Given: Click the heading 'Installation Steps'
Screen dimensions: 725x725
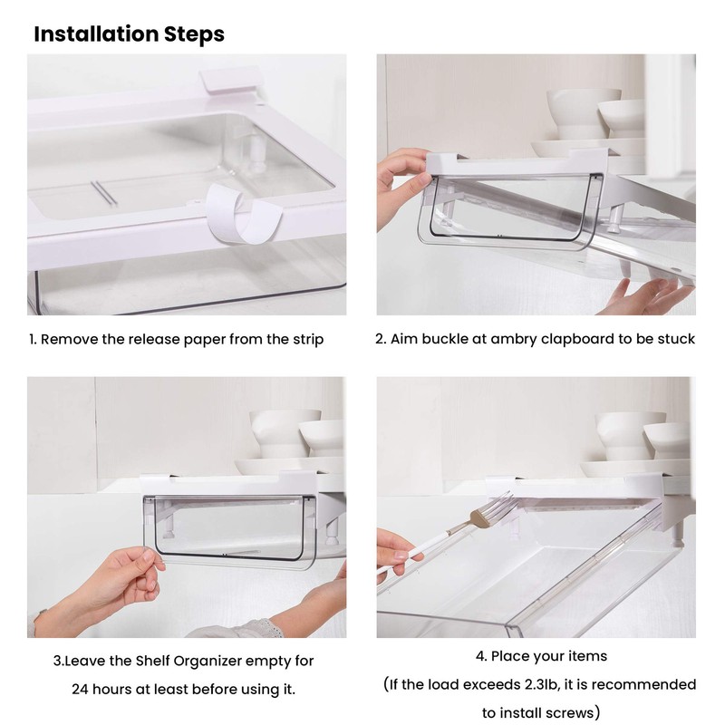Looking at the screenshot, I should coord(129,34).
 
